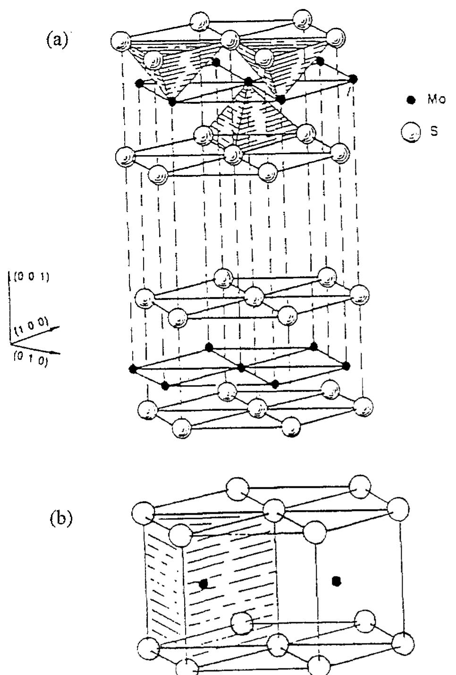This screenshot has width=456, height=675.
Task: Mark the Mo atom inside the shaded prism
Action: point(204,584)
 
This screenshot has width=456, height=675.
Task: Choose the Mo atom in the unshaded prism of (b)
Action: point(336,580)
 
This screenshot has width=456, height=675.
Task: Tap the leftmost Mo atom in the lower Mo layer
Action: point(133,369)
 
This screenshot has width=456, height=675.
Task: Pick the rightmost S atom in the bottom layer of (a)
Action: point(363,406)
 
